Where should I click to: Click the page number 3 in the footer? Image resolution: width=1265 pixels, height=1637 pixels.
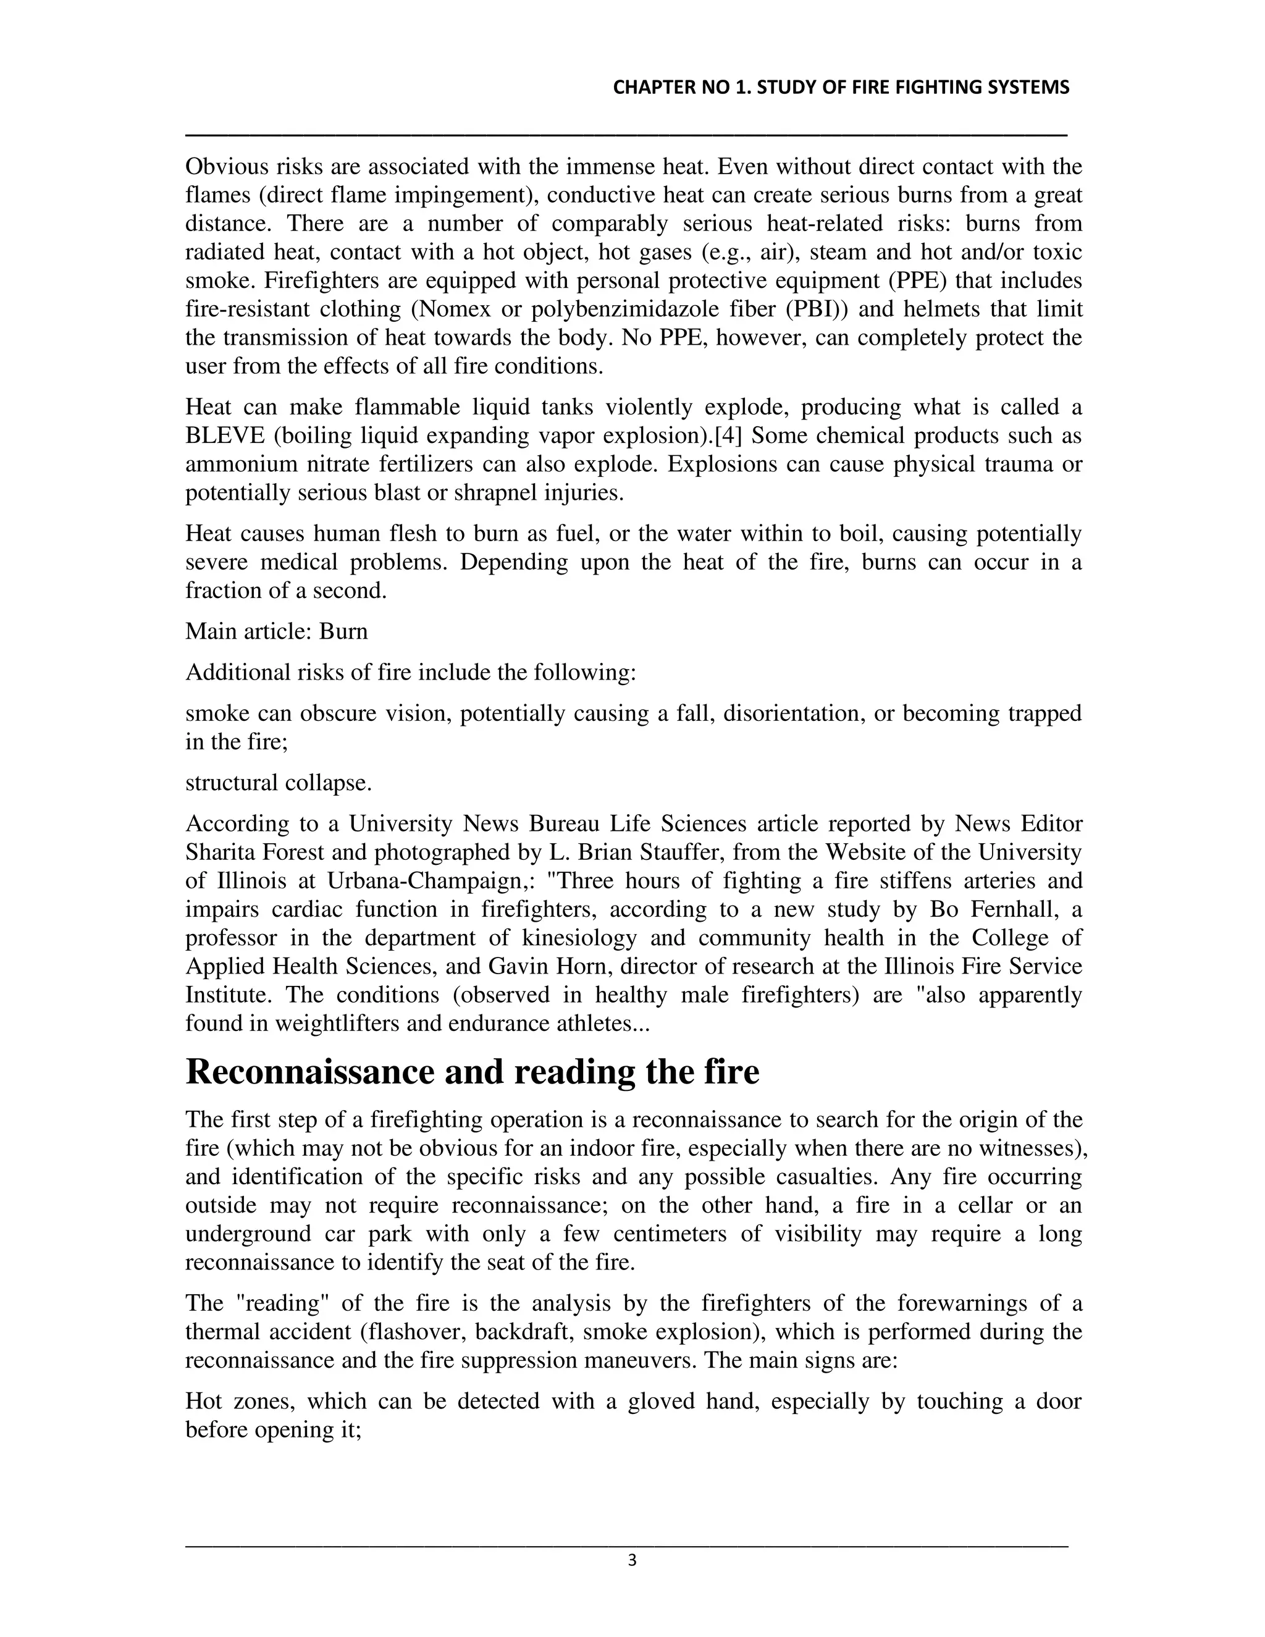[x=632, y=1561]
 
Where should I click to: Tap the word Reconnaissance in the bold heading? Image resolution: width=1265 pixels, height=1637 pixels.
[x=309, y=1072]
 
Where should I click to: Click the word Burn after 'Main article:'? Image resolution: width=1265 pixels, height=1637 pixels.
[x=343, y=631]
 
